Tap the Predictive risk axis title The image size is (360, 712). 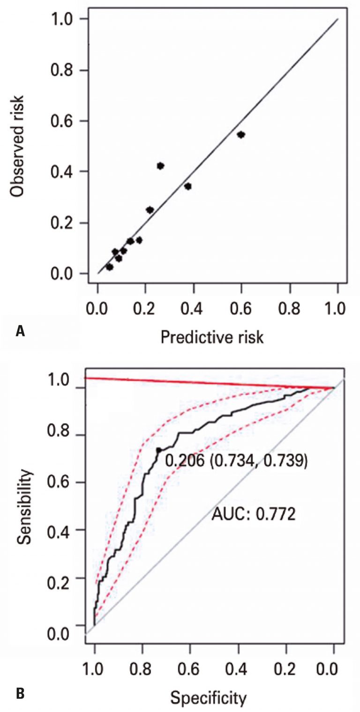tap(212, 336)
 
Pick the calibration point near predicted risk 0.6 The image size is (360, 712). tap(241, 134)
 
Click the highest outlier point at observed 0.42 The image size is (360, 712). tap(160, 166)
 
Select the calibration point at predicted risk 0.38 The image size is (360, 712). tap(188, 186)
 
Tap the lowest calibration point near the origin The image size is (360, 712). tap(110, 267)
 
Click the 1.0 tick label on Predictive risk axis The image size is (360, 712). tap(337, 308)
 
